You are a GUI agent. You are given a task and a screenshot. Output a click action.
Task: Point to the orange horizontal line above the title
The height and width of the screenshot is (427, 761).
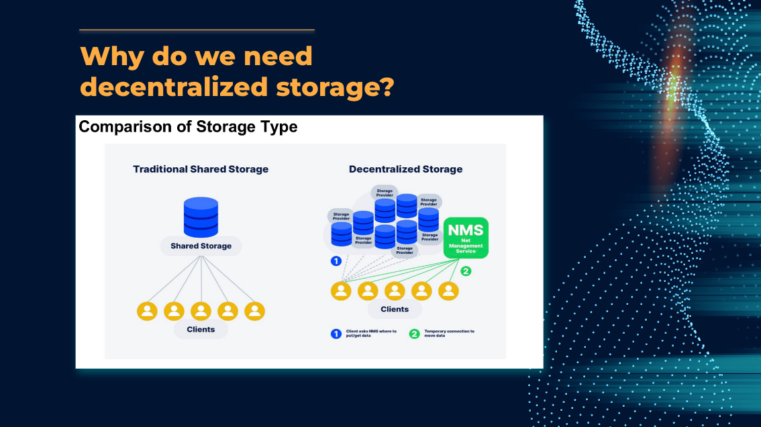(x=197, y=30)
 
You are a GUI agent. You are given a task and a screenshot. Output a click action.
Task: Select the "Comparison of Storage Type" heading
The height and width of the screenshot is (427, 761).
(x=188, y=126)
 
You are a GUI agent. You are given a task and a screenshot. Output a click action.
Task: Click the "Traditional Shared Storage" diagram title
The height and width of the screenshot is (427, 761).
(x=201, y=169)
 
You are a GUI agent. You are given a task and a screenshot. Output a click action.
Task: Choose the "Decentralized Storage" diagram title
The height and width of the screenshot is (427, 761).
(x=405, y=169)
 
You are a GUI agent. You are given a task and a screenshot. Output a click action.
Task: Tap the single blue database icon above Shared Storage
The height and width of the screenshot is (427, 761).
(x=201, y=216)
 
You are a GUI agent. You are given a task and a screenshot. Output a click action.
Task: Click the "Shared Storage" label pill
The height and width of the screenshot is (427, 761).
(x=201, y=246)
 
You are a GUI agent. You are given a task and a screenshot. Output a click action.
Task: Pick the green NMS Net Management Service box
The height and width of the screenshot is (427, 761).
(x=466, y=238)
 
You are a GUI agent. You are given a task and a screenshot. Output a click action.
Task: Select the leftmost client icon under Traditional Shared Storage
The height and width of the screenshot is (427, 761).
(x=147, y=311)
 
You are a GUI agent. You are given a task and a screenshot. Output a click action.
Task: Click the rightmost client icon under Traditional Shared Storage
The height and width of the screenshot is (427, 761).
(x=254, y=311)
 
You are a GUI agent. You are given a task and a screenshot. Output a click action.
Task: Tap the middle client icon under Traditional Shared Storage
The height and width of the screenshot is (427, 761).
(x=201, y=311)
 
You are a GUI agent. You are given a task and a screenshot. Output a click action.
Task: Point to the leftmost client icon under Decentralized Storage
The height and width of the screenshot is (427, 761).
(x=341, y=291)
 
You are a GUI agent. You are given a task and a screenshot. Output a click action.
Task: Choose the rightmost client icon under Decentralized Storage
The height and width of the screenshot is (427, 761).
(x=448, y=291)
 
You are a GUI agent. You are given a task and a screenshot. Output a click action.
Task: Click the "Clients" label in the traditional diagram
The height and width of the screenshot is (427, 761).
(x=201, y=330)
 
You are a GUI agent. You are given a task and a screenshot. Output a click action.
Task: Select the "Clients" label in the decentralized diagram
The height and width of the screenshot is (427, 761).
(x=395, y=310)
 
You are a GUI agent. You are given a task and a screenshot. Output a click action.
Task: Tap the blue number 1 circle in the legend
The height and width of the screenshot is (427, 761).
(x=336, y=334)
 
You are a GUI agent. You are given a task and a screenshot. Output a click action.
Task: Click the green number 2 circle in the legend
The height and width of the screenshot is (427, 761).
(x=414, y=334)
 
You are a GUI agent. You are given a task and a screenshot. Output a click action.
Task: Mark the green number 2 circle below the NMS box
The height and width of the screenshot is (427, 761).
(x=466, y=271)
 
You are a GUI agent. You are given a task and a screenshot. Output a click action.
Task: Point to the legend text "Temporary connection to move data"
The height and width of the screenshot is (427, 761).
(x=449, y=333)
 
